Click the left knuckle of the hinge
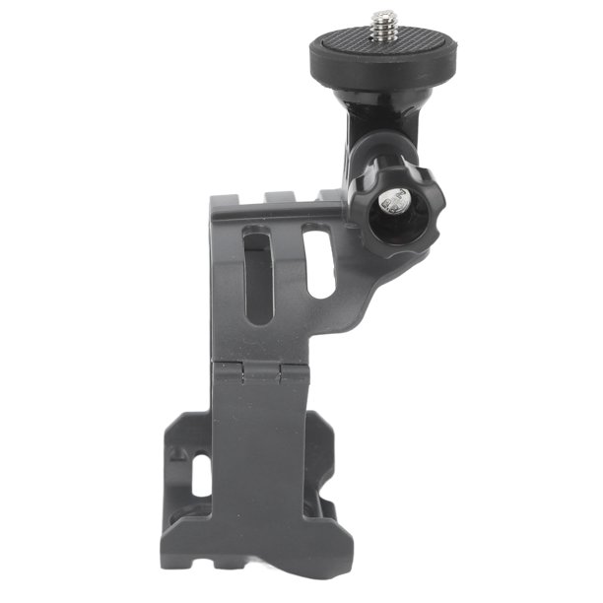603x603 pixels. [230, 371]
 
